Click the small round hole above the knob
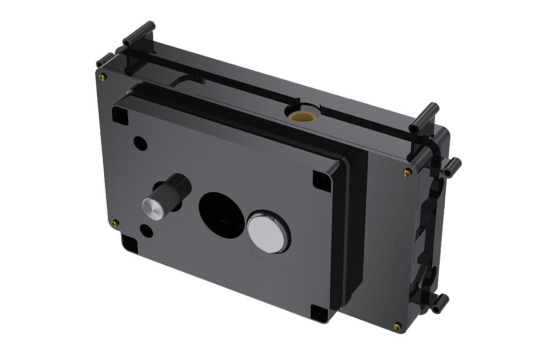pos(140,142)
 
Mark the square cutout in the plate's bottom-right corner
pos(318,312)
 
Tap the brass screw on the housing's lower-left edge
pos(114,222)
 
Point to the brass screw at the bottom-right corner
pos(397,325)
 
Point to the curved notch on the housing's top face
pos(187,80)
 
